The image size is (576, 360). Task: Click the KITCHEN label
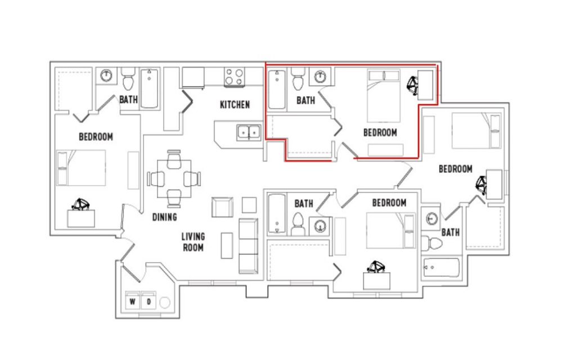(x=235, y=105)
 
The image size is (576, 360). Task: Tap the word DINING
(x=165, y=217)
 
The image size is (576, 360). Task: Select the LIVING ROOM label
(x=193, y=242)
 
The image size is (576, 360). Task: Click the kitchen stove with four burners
(x=234, y=77)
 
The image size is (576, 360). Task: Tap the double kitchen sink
(x=249, y=132)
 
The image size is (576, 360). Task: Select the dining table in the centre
(x=174, y=179)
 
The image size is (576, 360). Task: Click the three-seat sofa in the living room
(x=248, y=246)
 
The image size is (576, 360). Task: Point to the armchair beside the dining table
(x=222, y=207)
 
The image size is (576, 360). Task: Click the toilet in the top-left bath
(x=128, y=79)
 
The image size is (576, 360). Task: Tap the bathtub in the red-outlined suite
(x=277, y=89)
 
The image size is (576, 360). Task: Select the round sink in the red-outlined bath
(x=321, y=77)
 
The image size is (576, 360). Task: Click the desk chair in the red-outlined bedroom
(x=412, y=85)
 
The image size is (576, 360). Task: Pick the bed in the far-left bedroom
(x=81, y=168)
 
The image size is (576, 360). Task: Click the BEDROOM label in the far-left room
(x=96, y=137)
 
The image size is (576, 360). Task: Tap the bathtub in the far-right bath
(x=441, y=267)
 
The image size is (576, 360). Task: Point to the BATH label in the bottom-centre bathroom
(x=304, y=204)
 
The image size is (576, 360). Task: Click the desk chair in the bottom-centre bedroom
(x=376, y=267)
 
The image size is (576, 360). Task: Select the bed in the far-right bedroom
(x=476, y=130)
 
